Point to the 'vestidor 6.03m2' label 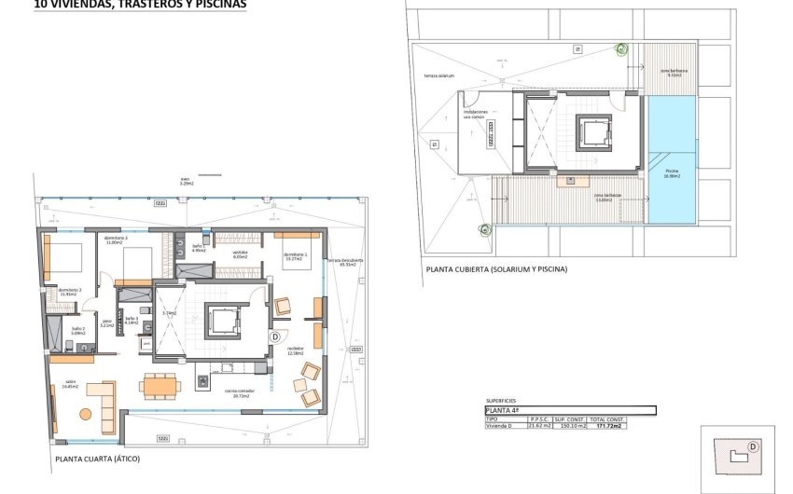pyautogui.click(x=240, y=255)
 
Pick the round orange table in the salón pyautogui.click(x=87, y=414)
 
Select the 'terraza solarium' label pyautogui.click(x=438, y=76)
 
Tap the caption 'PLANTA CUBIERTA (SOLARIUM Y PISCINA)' pyautogui.click(x=495, y=269)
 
